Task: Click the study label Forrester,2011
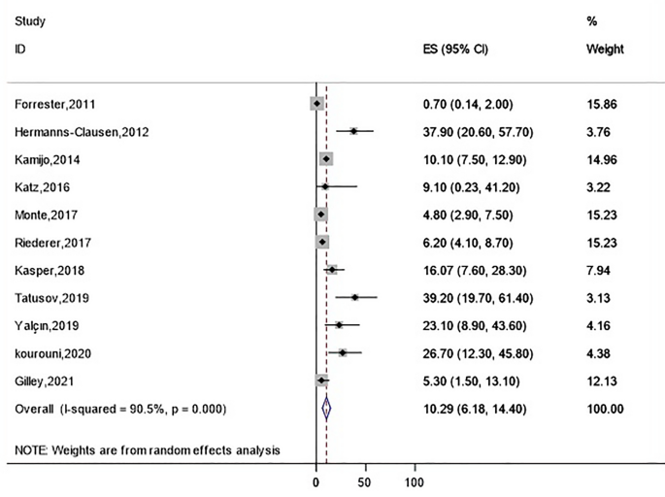tap(55, 104)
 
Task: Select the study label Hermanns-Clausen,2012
tap(82, 132)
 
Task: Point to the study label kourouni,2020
tap(52, 353)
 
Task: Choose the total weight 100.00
tap(606, 409)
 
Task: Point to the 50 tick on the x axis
tap(365, 482)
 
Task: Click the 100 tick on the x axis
tap(415, 482)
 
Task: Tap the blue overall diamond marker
tap(327, 409)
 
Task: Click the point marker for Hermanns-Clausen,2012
tap(354, 131)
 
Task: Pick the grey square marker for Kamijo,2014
tap(326, 159)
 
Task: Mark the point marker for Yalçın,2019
tap(340, 325)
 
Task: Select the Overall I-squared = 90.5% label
tap(120, 409)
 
